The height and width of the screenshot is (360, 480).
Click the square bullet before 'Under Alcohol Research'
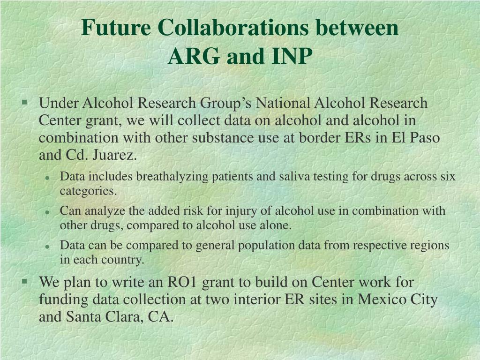24,101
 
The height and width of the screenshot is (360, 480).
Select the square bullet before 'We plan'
24,281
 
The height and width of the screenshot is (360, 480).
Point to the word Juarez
117,155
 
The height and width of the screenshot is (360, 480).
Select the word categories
88,191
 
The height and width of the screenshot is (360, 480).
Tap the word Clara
122,317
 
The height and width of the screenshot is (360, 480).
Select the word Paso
423,138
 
